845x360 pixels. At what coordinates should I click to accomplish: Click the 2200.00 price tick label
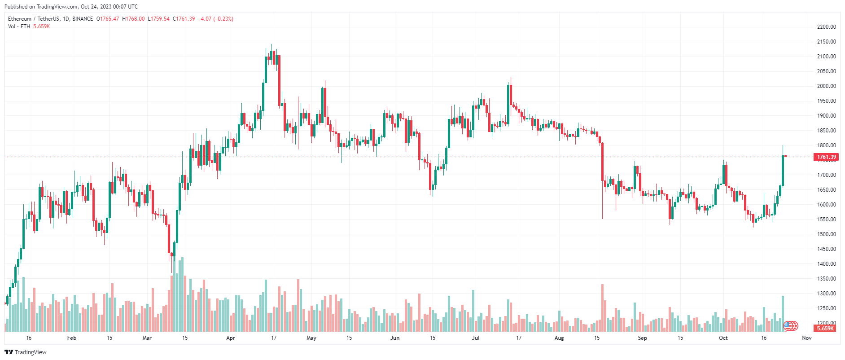click(x=826, y=27)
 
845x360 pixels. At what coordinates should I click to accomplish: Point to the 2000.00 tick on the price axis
click(x=826, y=86)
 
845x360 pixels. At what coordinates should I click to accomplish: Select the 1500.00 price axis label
click(x=826, y=234)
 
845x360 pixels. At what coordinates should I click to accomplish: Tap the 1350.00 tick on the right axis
click(x=826, y=279)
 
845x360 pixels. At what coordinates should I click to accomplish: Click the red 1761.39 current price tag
click(x=826, y=157)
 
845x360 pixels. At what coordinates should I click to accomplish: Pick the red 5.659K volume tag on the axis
click(x=825, y=329)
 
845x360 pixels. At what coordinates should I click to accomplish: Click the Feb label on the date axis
click(x=71, y=338)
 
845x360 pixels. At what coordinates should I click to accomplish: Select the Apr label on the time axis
click(x=231, y=338)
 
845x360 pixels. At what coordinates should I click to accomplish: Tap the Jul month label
click(x=475, y=338)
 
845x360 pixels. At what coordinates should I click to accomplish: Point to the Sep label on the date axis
click(x=642, y=338)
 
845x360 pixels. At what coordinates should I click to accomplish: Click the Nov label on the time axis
click(x=806, y=338)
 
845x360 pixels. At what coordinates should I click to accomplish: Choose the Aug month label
click(x=559, y=338)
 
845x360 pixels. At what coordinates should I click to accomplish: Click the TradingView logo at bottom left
click(x=26, y=352)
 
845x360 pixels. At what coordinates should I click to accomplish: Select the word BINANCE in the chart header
click(x=83, y=19)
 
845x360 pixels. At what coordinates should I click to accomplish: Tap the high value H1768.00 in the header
click(x=133, y=19)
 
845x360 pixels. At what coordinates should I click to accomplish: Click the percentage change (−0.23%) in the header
click(x=223, y=19)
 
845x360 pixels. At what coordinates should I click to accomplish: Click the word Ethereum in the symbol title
click(x=20, y=19)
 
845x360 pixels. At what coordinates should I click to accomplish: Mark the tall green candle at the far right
click(x=783, y=171)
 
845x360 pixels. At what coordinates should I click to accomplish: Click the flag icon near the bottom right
click(x=788, y=325)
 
